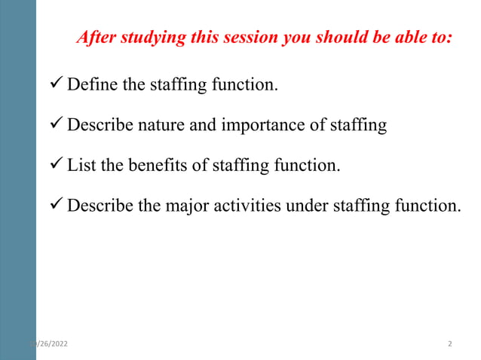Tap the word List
pos(81,166)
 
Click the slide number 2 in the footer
pos(450,344)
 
